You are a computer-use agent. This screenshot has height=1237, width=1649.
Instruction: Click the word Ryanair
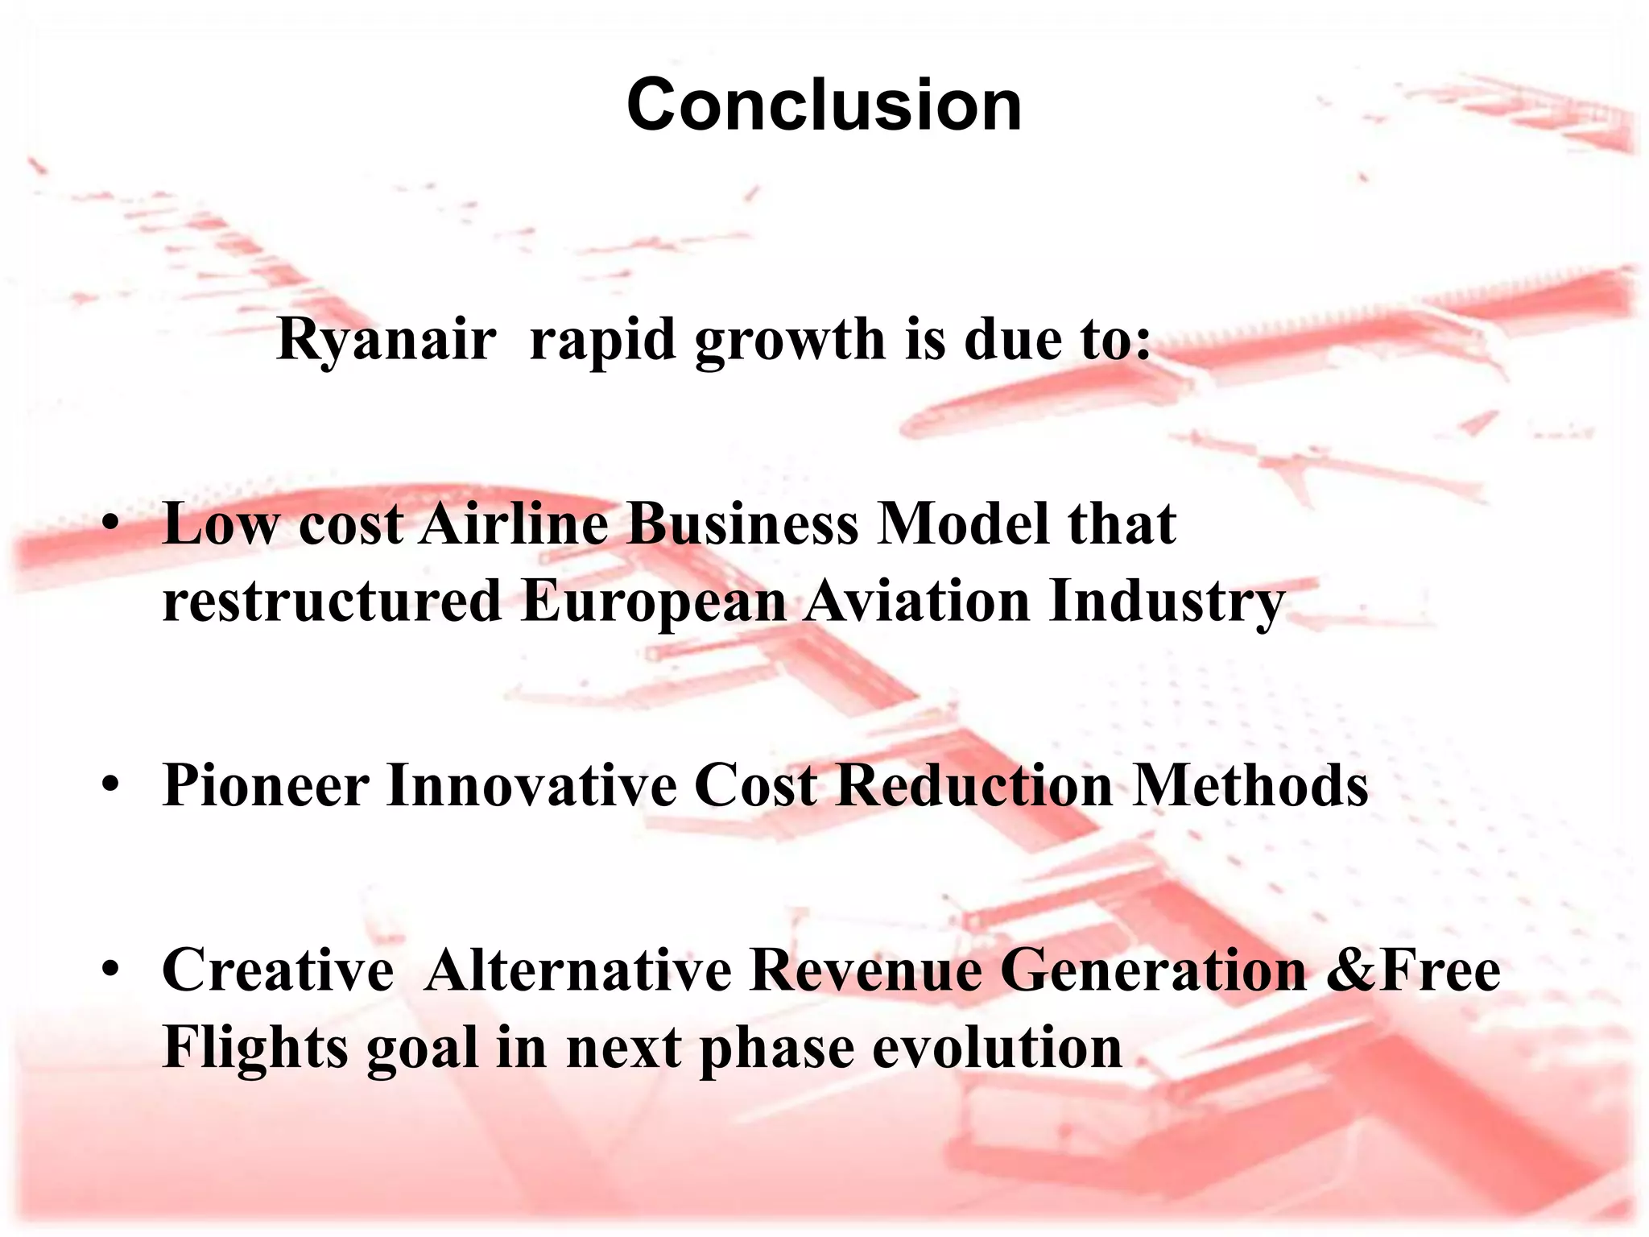[x=386, y=340]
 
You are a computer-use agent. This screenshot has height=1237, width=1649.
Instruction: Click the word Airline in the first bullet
[x=515, y=524]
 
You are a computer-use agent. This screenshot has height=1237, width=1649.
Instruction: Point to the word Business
[x=742, y=524]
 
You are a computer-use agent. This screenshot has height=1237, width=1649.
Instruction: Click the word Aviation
[x=917, y=602]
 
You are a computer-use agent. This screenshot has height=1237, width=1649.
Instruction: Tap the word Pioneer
[x=266, y=784]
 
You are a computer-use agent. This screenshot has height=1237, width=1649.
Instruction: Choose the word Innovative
[x=531, y=784]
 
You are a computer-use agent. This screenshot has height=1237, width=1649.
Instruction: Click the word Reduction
[x=973, y=784]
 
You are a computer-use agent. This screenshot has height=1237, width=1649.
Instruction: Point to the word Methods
[x=1250, y=784]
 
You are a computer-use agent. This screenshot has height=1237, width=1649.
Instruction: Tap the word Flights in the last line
[x=256, y=1048]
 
